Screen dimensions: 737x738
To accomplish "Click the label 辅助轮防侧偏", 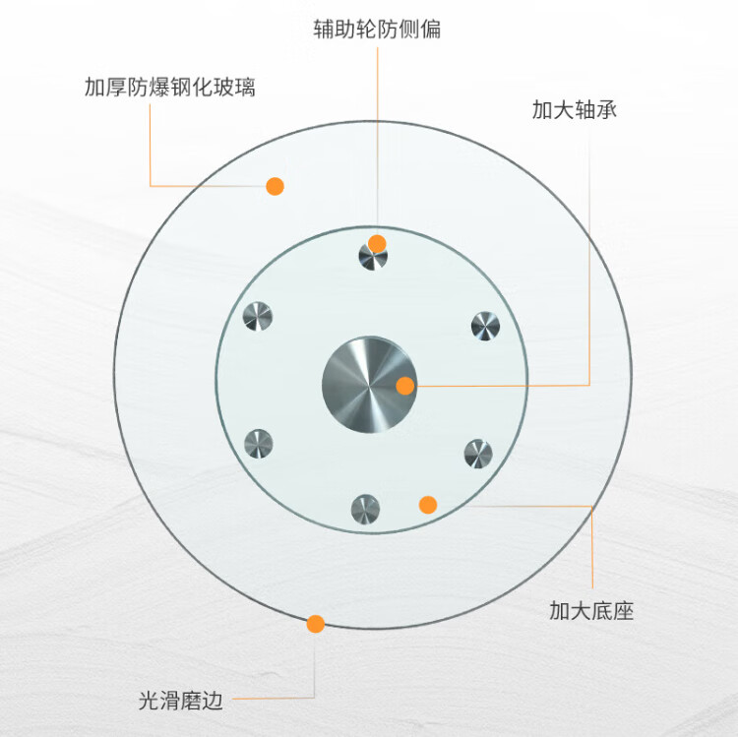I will (376, 29).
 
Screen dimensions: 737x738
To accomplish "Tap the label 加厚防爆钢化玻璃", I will (170, 88).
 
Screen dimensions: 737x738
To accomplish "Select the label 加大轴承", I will (575, 109).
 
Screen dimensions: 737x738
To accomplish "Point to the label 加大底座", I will (591, 611).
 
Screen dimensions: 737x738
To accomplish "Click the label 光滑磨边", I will (181, 701).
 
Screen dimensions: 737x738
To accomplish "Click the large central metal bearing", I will (369, 383).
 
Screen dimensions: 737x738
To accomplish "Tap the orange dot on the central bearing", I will (405, 386).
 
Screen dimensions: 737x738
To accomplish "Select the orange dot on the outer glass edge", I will (316, 623).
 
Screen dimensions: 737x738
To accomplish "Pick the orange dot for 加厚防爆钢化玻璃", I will (276, 185).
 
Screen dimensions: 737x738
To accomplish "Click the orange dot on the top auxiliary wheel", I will (377, 243).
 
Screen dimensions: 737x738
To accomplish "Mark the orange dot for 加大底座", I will (428, 505).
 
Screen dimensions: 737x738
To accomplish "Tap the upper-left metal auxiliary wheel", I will (258, 317).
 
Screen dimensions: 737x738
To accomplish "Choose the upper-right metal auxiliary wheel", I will (485, 326).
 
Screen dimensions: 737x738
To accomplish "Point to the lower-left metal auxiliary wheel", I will (258, 444).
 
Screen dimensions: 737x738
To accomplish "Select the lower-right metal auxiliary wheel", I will (478, 454).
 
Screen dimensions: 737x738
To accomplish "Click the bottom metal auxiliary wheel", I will (365, 509).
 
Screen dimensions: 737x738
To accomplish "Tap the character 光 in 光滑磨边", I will (149, 701).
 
